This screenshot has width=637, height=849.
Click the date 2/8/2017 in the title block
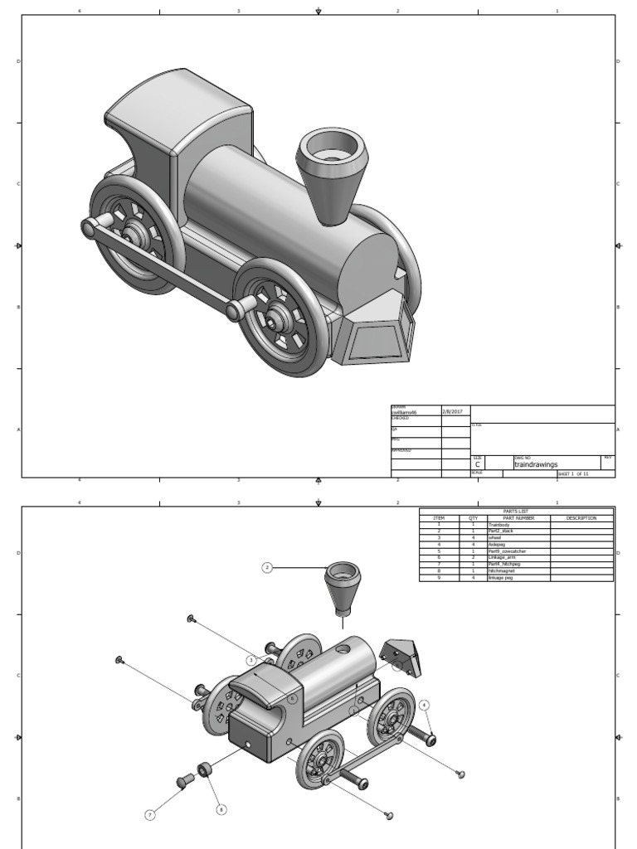coord(454,411)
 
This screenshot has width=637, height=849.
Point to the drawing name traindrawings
coord(536,465)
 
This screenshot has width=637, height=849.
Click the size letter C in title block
coord(478,465)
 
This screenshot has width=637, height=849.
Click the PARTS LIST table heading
coord(516,512)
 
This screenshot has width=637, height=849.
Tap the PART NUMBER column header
coord(518,518)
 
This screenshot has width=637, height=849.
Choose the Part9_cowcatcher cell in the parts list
coord(507,551)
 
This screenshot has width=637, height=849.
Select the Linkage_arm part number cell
coord(503,558)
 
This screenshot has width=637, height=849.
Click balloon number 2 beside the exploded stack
coord(267,568)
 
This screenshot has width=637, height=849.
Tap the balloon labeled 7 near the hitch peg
coord(150,815)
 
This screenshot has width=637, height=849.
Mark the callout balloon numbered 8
coord(221,809)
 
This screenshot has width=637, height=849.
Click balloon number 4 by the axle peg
coord(425,705)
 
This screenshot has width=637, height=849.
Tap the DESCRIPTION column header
coord(581,518)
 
